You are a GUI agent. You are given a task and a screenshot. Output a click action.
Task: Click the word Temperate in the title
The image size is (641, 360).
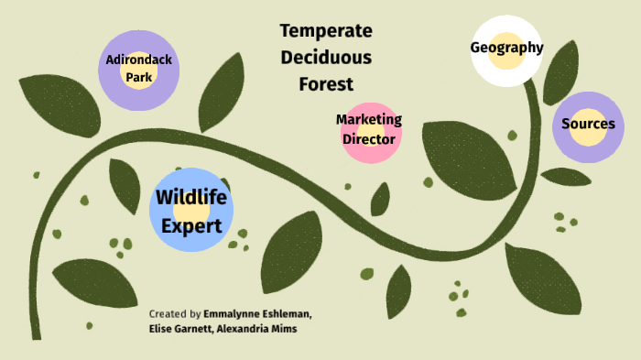[x=326, y=30]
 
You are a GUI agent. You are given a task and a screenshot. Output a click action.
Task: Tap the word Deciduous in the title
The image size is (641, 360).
[x=326, y=57]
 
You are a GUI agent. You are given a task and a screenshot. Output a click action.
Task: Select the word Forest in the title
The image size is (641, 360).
[x=326, y=84]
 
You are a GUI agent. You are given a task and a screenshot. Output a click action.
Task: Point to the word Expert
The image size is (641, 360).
[x=191, y=224]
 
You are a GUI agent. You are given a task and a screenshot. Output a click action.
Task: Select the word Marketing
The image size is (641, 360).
[x=369, y=119]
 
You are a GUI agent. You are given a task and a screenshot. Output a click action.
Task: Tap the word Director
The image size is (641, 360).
[x=369, y=139]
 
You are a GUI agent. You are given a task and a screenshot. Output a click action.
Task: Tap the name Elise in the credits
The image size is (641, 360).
[x=161, y=329]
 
